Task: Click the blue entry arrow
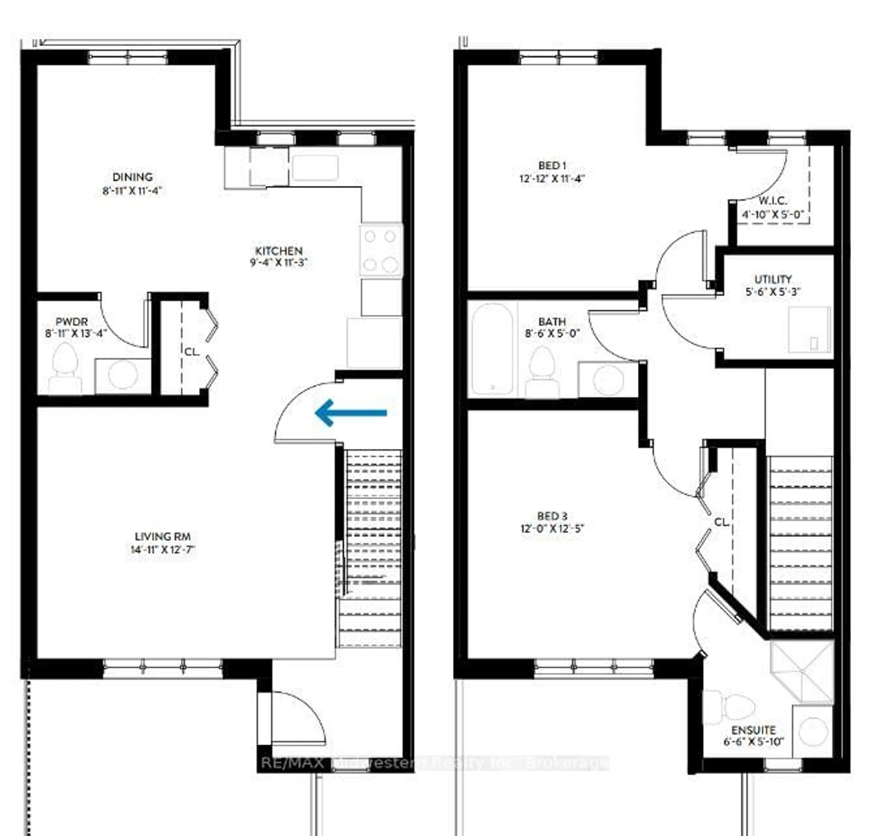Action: pos(351,413)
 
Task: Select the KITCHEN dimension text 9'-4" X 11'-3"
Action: pos(279,263)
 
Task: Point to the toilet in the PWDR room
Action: pos(65,368)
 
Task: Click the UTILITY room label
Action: pos(773,279)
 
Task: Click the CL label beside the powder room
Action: pos(192,352)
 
